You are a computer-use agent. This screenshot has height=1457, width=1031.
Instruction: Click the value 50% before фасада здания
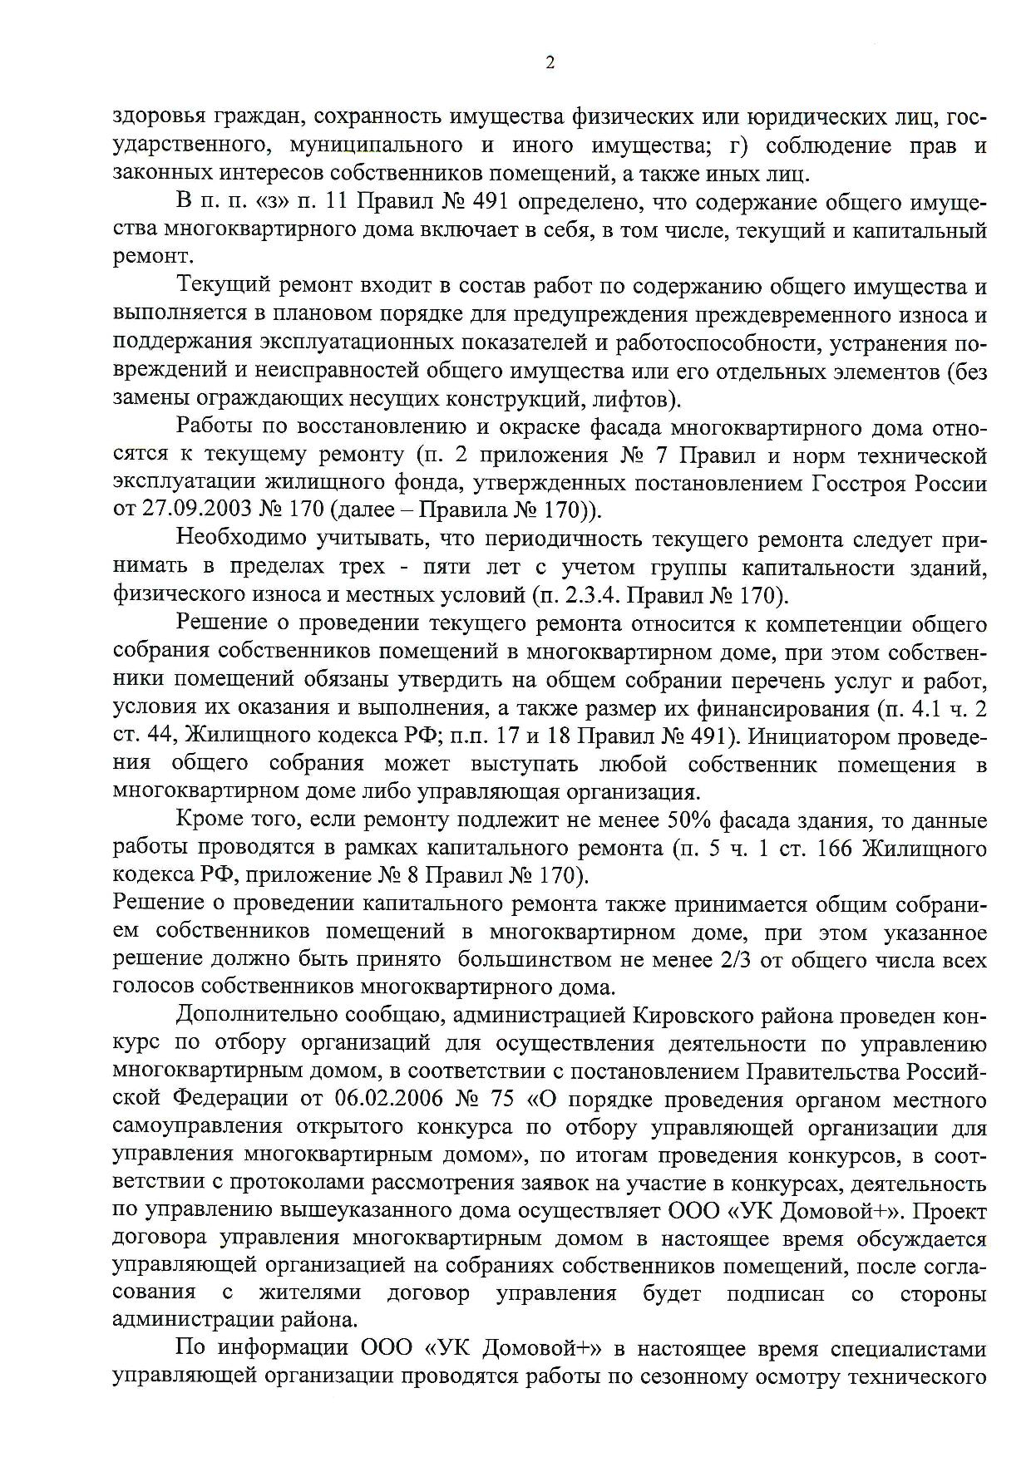point(682,821)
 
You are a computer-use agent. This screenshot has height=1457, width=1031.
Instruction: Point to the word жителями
point(310,1293)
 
